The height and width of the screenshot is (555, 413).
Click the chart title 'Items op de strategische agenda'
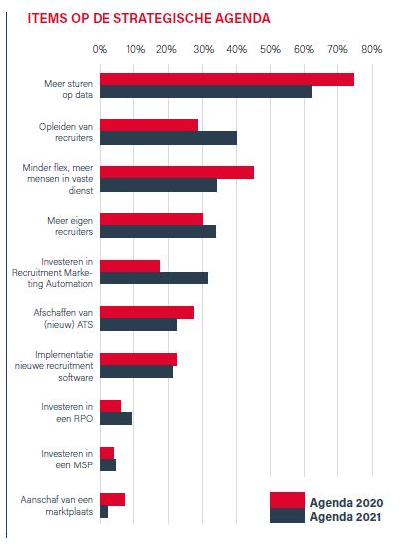pyautogui.click(x=148, y=18)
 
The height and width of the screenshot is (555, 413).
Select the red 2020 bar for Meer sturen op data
pyautogui.click(x=227, y=79)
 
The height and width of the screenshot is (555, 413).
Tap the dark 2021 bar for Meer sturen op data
pyautogui.click(x=206, y=92)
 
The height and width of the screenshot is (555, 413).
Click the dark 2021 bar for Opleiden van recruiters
pyautogui.click(x=168, y=138)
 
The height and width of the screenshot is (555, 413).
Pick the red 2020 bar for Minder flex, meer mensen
pyautogui.click(x=176, y=172)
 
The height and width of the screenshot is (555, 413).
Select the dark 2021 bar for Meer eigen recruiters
pyautogui.click(x=157, y=231)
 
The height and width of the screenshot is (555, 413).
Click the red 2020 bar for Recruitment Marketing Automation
pyautogui.click(x=129, y=266)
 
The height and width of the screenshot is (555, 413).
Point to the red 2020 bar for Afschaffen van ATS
pyautogui.click(x=146, y=312)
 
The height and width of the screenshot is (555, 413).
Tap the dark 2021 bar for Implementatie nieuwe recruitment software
pyautogui.click(x=136, y=372)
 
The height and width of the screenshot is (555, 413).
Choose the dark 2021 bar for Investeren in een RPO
pyautogui.click(x=115, y=418)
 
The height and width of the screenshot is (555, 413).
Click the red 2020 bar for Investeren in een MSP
pyautogui.click(x=106, y=453)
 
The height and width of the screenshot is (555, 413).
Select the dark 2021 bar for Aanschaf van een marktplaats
pyautogui.click(x=104, y=512)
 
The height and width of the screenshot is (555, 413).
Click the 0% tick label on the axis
pyautogui.click(x=100, y=49)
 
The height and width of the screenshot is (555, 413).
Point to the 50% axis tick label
pyautogui.click(x=270, y=49)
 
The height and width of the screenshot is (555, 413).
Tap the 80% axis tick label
pyautogui.click(x=372, y=49)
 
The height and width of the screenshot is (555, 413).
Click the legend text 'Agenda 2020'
pyautogui.click(x=346, y=503)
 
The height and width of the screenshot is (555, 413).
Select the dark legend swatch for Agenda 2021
pyautogui.click(x=287, y=515)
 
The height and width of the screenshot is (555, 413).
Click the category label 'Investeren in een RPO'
pyautogui.click(x=67, y=413)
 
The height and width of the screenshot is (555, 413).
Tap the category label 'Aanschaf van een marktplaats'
pyautogui.click(x=57, y=506)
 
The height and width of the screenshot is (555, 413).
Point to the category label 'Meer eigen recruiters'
pyautogui.click(x=70, y=226)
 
